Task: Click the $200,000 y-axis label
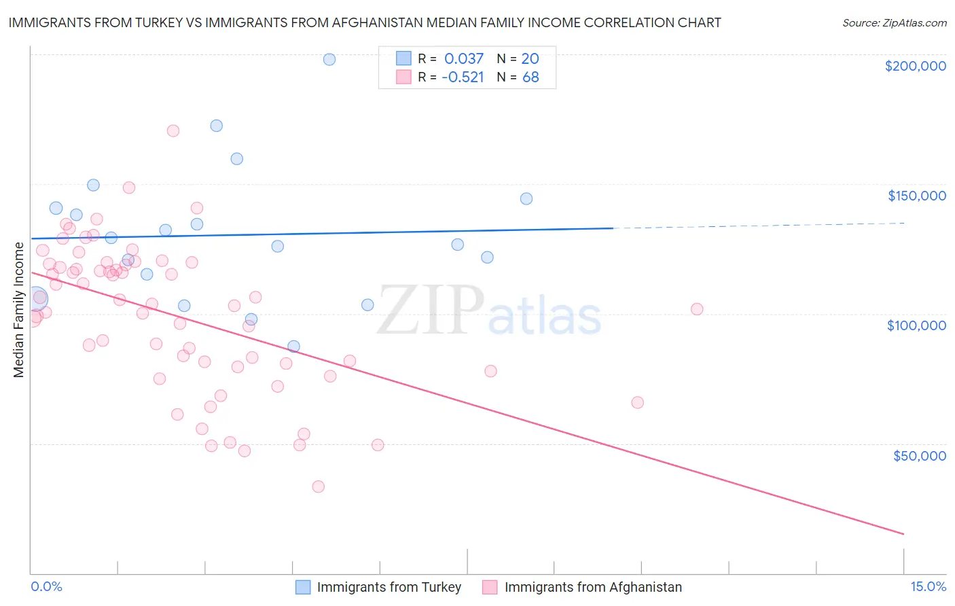[915, 66]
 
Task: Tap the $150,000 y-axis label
[916, 196]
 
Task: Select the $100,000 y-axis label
[916, 325]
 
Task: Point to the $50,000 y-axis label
[919, 455]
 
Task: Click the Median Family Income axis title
[19, 310]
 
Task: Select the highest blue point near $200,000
[329, 59]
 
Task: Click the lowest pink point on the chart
[318, 486]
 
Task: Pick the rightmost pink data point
[697, 309]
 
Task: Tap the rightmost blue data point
[526, 199]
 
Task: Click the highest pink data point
[173, 131]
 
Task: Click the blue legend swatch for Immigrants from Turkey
[303, 587]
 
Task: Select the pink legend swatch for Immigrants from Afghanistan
[490, 587]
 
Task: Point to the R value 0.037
[464, 58]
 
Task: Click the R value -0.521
[463, 77]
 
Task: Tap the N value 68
[530, 77]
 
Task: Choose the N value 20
[530, 58]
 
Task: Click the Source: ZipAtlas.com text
[894, 23]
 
